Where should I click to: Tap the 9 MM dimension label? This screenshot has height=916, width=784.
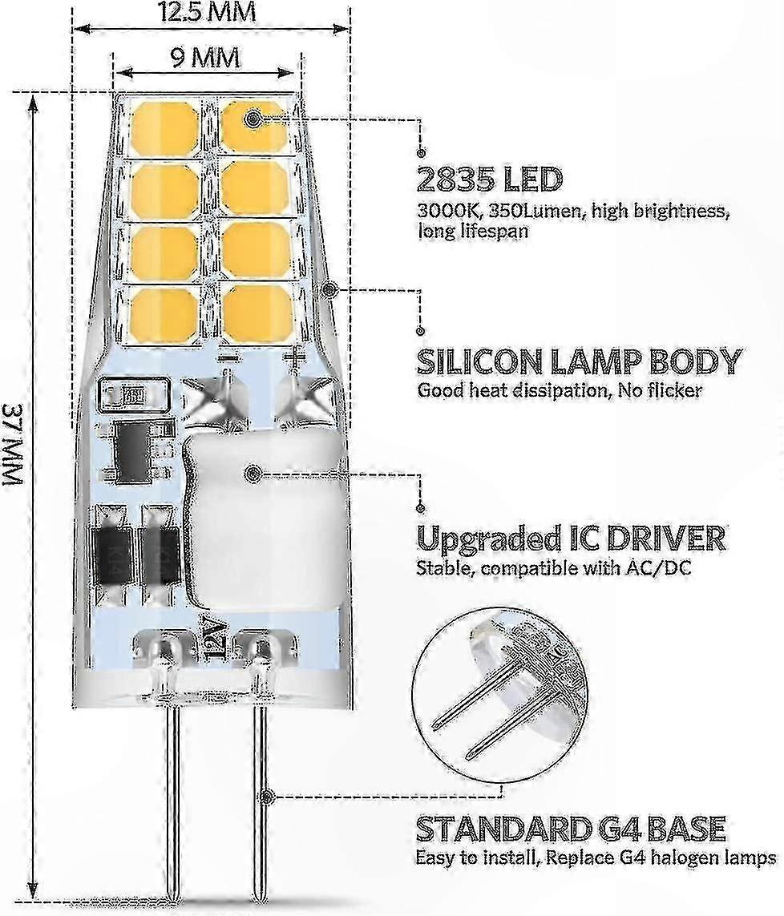coord(204,58)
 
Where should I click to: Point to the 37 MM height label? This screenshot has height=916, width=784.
coord(13,444)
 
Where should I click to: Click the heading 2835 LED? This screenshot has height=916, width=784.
coord(490,180)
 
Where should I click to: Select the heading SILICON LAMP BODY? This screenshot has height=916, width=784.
coord(580,362)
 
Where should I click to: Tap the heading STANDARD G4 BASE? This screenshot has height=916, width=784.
coord(571,829)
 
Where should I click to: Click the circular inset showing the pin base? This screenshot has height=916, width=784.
coord(501,690)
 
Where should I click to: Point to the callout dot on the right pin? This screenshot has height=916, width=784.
coord(267,796)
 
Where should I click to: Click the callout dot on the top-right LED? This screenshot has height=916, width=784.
coord(253,119)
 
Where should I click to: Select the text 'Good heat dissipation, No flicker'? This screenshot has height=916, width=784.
coord(560,390)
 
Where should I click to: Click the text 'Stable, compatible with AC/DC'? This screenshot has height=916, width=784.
coord(553,568)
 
